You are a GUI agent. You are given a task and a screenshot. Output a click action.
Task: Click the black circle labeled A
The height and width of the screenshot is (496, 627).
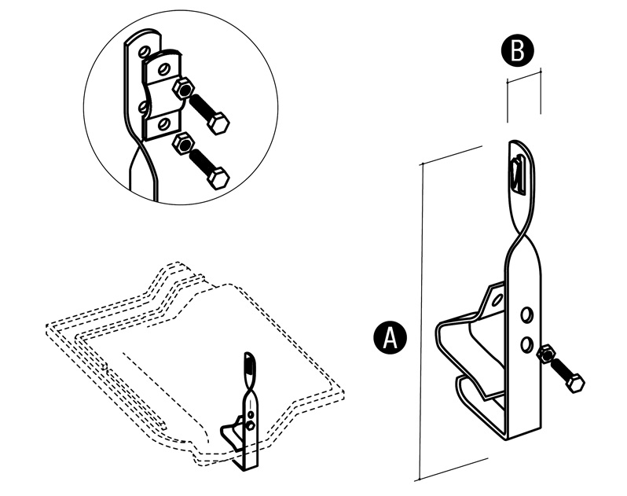click(x=390, y=337)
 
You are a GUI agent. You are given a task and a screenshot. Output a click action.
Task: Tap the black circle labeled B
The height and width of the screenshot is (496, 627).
click(x=517, y=51)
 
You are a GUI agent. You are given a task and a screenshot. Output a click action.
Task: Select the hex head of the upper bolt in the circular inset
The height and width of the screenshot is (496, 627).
click(x=220, y=123)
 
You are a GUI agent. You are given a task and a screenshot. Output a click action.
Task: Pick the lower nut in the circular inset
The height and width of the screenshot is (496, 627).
click(x=182, y=143)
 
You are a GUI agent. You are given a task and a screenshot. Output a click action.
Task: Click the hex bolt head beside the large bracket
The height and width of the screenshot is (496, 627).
click(x=575, y=384)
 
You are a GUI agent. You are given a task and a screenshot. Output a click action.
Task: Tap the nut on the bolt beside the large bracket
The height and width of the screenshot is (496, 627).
click(x=545, y=358)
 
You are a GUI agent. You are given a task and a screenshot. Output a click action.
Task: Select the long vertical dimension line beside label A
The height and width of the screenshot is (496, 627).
click(x=420, y=314)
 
